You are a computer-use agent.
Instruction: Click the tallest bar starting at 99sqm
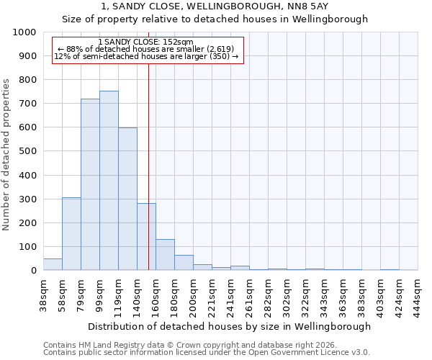(109, 180)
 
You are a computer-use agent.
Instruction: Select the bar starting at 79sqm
(90, 184)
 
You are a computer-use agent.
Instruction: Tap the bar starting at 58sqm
(71, 233)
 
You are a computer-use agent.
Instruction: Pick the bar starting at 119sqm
(127, 199)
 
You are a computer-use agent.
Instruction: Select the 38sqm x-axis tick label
(44, 295)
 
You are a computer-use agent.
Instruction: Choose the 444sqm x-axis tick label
(418, 295)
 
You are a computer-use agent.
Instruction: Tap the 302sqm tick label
(287, 295)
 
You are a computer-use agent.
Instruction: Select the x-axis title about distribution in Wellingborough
(230, 326)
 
